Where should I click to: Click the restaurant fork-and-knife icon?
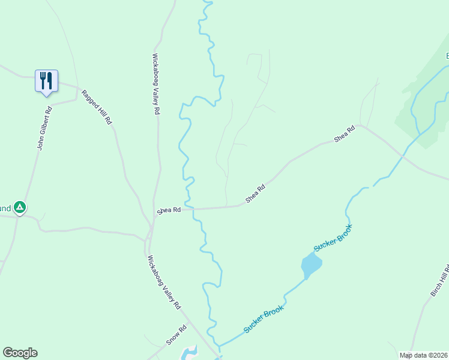[x=46, y=80]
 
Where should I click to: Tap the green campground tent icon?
[x=20, y=208]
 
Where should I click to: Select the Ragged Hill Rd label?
[x=97, y=107]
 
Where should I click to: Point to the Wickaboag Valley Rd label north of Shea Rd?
[x=155, y=84]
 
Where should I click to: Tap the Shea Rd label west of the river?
[x=169, y=211]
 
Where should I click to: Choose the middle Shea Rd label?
[x=255, y=194]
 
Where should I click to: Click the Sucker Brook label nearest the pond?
[x=332, y=238]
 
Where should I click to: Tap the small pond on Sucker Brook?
[x=311, y=264]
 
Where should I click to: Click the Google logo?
[x=20, y=353]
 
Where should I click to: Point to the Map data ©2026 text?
[x=423, y=355]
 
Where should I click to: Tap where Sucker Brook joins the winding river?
[x=218, y=347]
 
